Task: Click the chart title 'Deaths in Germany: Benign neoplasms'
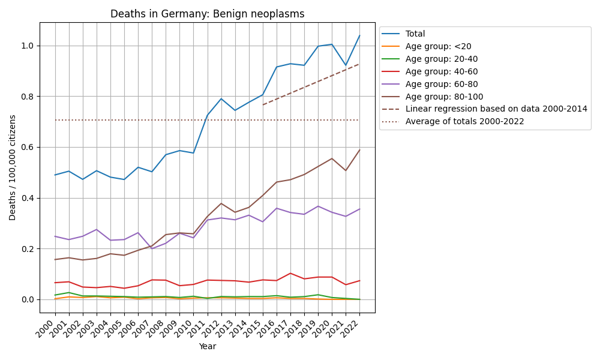pyautogui.click(x=207, y=14)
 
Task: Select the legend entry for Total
pyautogui.click(x=415, y=34)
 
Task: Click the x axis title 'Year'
pyautogui.click(x=207, y=346)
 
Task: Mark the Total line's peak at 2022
pyautogui.click(x=359, y=35)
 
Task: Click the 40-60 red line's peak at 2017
pyautogui.click(x=290, y=273)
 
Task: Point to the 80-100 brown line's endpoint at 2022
pyautogui.click(x=359, y=150)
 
